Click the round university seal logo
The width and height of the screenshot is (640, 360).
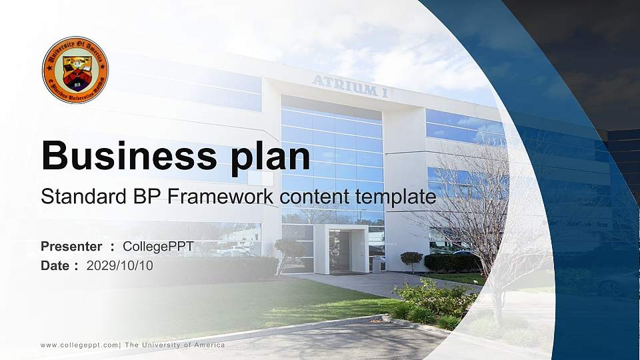tap(75, 70)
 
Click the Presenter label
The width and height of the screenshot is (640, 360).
tap(71, 247)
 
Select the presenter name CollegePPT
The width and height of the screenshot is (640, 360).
tap(158, 247)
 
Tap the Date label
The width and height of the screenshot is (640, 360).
tap(55, 265)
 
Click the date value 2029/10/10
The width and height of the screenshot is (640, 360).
tap(120, 265)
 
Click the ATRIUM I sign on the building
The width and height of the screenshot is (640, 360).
tap(350, 87)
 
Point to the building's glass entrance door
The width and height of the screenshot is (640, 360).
tap(340, 251)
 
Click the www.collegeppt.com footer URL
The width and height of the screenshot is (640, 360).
tap(79, 345)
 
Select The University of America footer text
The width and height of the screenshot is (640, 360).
tap(175, 345)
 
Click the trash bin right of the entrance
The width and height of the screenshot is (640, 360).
tap(376, 265)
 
